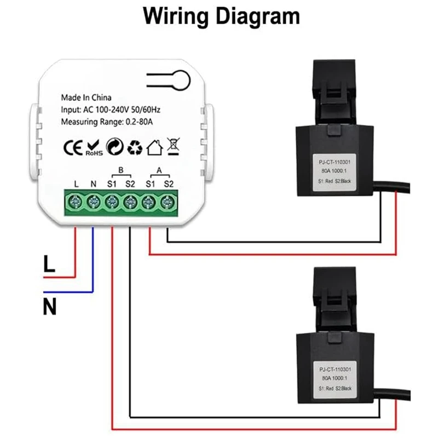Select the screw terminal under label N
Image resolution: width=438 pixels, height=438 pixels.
tap(93, 203)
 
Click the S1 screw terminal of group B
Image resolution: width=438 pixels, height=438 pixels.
tap(111, 203)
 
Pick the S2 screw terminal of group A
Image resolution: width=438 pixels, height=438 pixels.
tap(166, 203)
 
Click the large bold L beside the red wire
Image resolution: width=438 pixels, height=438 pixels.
tap(49, 267)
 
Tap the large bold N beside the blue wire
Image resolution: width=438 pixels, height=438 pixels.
tap(50, 306)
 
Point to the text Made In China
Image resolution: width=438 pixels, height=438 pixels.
tap(86, 98)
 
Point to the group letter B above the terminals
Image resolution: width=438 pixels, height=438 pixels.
tap(120, 170)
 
